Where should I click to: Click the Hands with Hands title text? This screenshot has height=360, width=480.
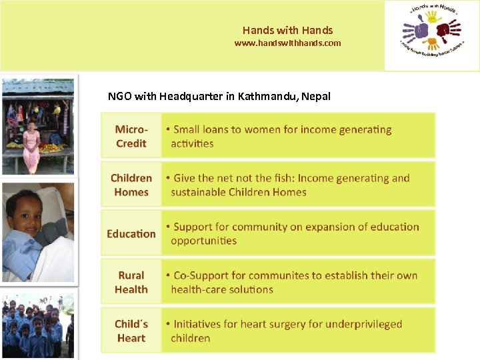(x=287, y=30)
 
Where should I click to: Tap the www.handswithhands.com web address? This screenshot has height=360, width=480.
(x=287, y=43)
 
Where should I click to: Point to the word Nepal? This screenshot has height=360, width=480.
(x=316, y=96)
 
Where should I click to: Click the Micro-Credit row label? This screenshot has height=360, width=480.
(x=131, y=136)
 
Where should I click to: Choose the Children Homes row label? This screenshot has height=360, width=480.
(x=131, y=185)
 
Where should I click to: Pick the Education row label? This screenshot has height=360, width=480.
(x=131, y=233)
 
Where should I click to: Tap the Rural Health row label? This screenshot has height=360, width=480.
(x=131, y=282)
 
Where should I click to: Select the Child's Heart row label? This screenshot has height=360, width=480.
(x=131, y=331)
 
